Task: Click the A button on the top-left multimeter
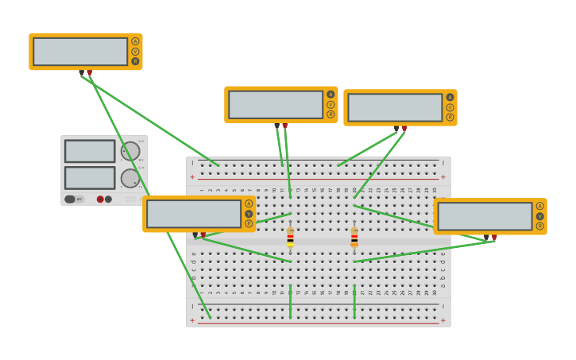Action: coord(135,41)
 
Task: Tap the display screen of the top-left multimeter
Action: coord(80,52)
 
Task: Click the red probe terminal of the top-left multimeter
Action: coord(89,72)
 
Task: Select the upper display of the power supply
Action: coord(90,151)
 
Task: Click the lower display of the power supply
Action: coord(90,177)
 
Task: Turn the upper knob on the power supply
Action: coord(130,151)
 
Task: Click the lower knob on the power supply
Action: coord(130,177)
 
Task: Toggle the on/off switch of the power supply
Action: coord(70,199)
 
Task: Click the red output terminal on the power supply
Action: coord(100,199)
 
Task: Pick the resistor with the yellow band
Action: coord(290,238)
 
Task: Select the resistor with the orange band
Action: coord(354,238)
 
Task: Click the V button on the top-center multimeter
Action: coord(331,104)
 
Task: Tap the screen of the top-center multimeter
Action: coord(276,104)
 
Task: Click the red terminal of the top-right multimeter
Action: coord(404,128)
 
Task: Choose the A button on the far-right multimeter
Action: coord(539,206)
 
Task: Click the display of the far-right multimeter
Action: coord(485,216)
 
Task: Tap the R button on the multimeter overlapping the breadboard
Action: coord(249,223)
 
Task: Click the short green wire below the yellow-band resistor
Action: coord(290,301)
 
